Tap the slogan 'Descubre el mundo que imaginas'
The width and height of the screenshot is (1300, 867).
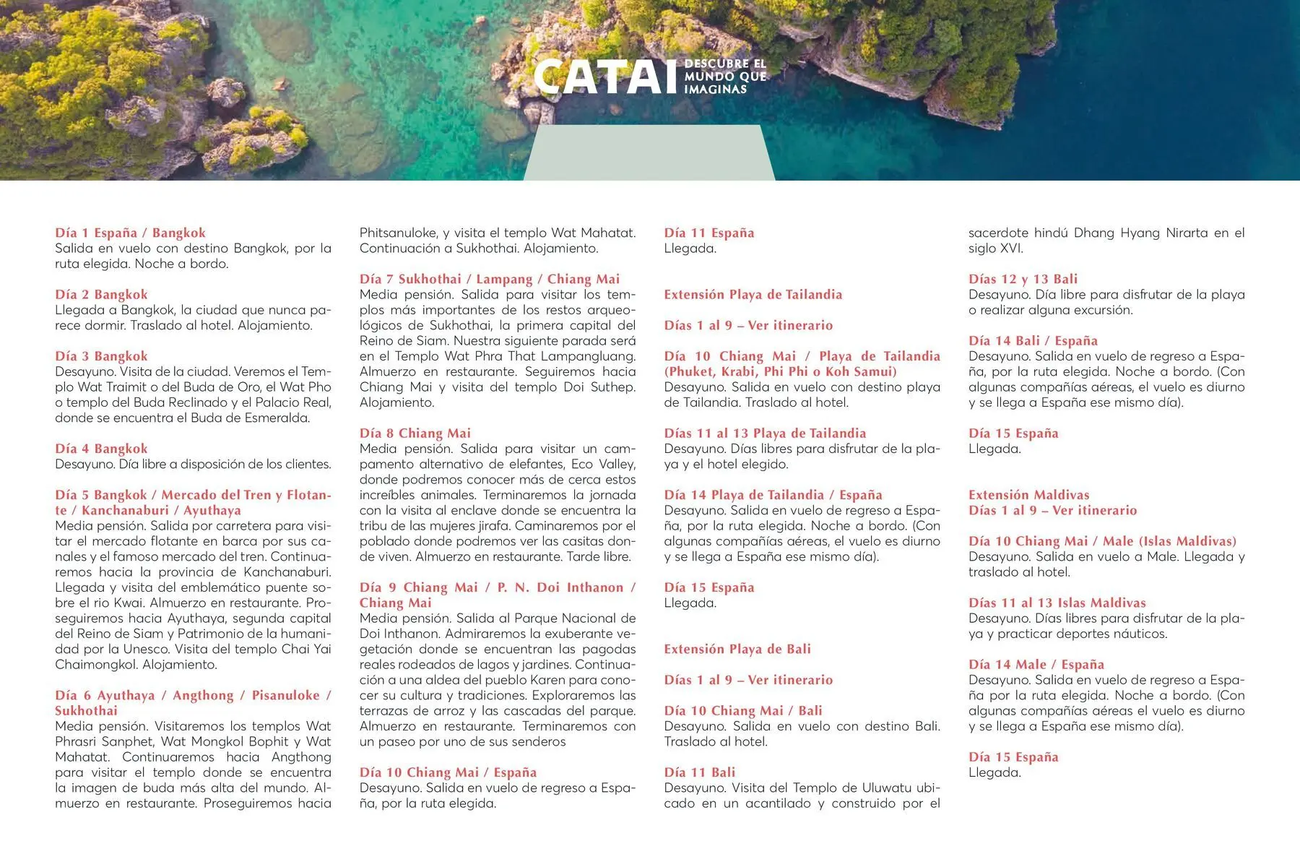click(x=724, y=77)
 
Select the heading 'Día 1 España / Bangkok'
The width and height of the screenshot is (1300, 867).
click(x=130, y=233)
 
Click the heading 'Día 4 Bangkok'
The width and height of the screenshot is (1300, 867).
click(x=101, y=449)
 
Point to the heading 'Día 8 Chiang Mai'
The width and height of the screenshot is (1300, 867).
click(x=415, y=433)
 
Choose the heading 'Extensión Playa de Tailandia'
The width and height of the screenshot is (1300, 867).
click(x=753, y=295)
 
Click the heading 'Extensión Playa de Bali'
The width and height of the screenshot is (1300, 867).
click(x=737, y=649)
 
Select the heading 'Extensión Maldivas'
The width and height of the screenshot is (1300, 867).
click(x=1028, y=495)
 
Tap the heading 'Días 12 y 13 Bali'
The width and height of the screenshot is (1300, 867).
click(x=1023, y=279)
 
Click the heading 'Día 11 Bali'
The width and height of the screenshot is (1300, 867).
click(x=699, y=772)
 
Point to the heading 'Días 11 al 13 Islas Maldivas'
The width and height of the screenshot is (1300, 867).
click(x=1057, y=603)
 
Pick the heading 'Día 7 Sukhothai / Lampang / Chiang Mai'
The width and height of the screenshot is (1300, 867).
click(x=489, y=279)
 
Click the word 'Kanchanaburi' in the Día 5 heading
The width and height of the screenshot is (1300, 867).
click(x=125, y=510)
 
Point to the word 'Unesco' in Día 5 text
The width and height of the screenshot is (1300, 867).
click(x=146, y=649)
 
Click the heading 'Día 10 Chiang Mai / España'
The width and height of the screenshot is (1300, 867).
click(x=448, y=772)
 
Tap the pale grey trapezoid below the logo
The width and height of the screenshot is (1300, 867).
click(x=649, y=152)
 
